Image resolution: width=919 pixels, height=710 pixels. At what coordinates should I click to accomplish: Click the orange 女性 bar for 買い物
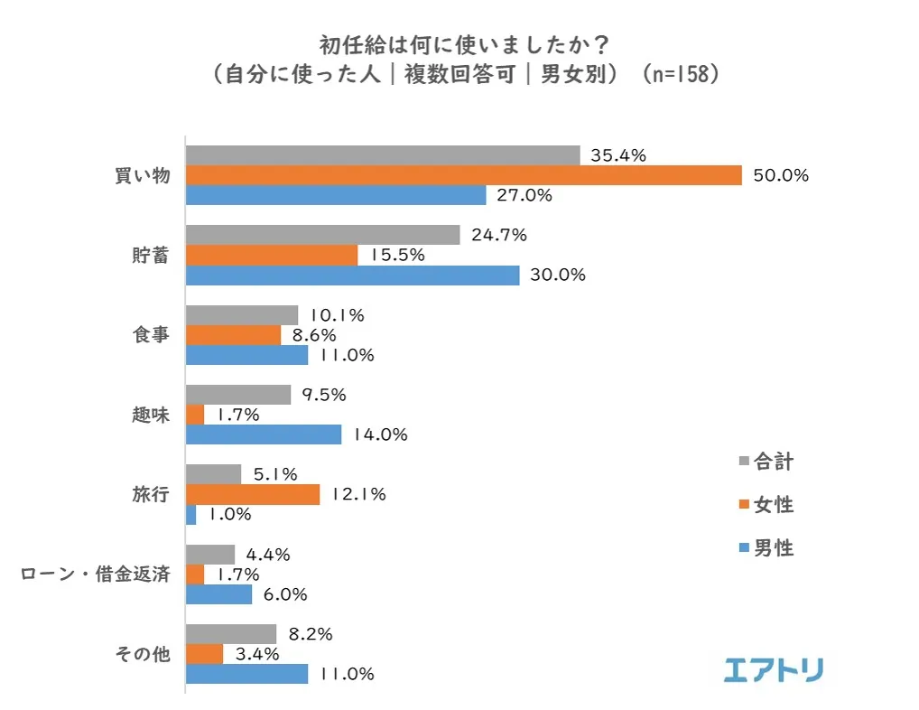coord(463,175)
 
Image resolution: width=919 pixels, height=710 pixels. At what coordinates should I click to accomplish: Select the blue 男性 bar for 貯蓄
coord(352,275)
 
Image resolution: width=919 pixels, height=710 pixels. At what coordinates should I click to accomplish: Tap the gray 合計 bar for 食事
coord(241,315)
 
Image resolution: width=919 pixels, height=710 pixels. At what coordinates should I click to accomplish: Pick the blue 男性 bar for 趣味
coord(263,434)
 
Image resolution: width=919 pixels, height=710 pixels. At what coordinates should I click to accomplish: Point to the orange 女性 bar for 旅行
coord(252,494)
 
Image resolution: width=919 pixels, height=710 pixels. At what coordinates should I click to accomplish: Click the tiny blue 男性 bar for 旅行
coord(190,514)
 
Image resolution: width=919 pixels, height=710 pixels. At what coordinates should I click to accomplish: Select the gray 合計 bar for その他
coord(230,634)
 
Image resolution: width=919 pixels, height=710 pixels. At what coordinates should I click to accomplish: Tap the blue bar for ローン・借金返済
coord(218,594)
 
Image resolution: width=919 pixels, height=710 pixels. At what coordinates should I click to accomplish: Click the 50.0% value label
coord(781,175)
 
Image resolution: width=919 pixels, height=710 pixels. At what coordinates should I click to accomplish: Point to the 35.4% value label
coord(618,155)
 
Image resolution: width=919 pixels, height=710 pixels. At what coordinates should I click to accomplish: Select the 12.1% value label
coord(358,494)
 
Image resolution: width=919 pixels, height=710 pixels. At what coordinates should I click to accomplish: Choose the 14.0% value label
coord(380,434)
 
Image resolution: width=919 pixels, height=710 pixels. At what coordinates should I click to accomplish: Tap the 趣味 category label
coord(151,415)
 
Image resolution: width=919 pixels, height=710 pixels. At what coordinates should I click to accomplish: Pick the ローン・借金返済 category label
coord(95,575)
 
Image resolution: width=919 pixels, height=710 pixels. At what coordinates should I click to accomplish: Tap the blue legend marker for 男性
coord(743,547)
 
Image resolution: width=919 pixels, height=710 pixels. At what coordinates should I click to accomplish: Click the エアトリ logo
coord(774,669)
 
